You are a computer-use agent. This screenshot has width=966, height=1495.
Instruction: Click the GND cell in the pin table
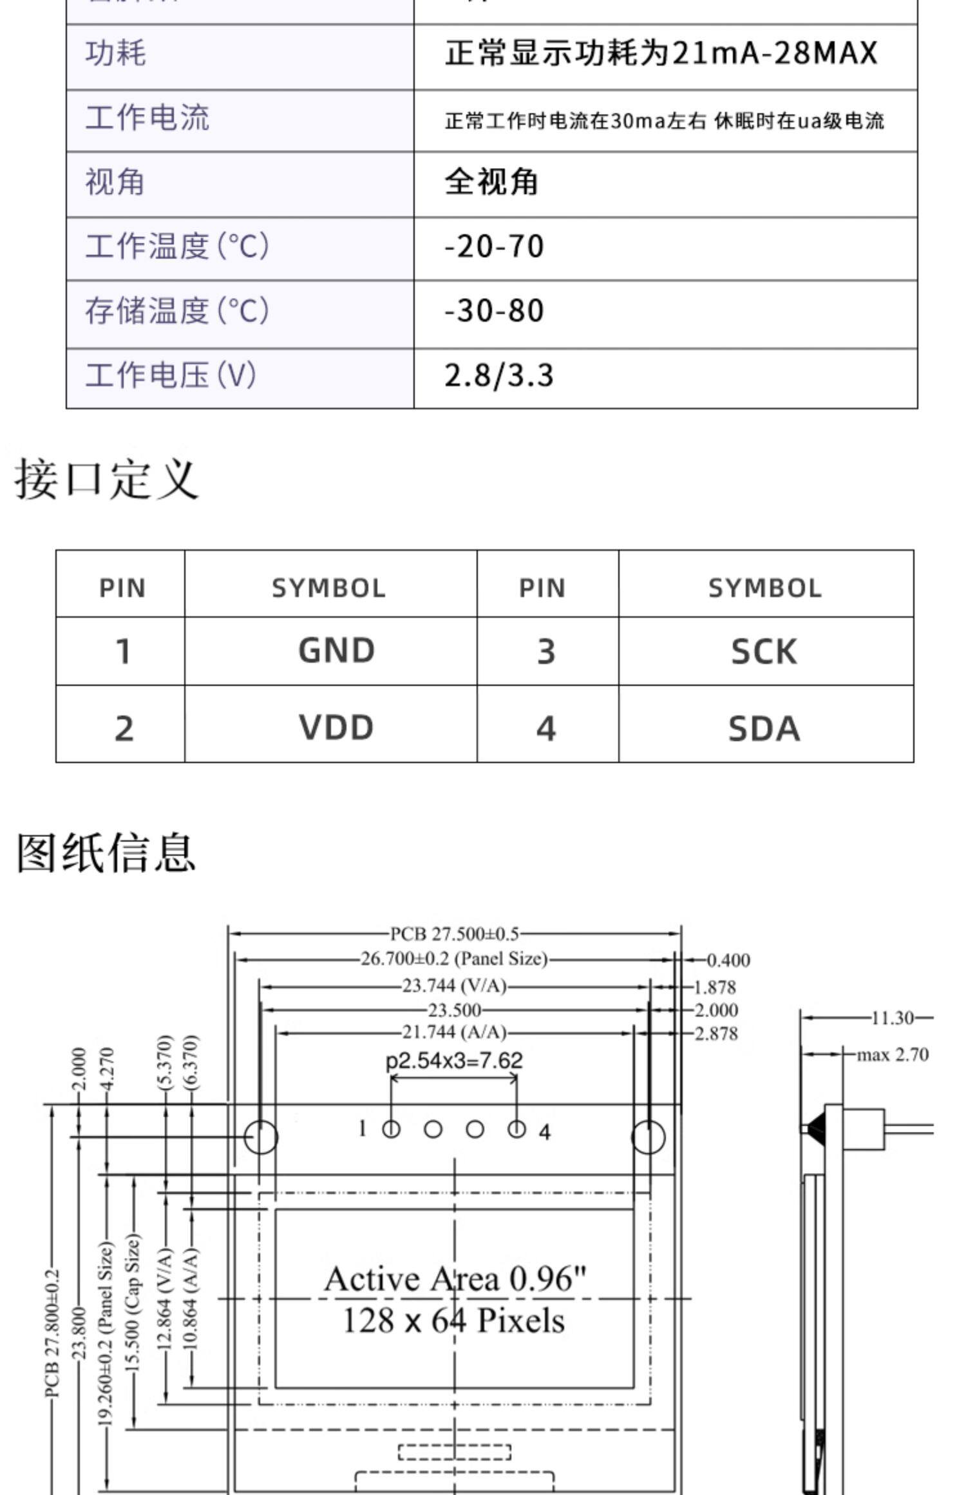coord(336,650)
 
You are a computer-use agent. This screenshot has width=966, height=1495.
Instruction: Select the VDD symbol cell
coord(336,727)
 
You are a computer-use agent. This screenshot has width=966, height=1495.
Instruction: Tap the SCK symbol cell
coord(764,652)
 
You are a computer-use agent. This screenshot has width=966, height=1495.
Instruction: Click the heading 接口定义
coord(106,479)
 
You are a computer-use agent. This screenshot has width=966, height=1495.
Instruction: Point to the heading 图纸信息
coord(106,852)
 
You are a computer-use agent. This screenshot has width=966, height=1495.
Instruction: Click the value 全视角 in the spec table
coord(491,182)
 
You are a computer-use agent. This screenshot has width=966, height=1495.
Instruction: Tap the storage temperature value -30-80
coord(494,311)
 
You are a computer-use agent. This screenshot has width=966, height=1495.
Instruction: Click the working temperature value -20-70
coord(494,247)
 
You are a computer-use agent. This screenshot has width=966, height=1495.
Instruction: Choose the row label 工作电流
coord(147,118)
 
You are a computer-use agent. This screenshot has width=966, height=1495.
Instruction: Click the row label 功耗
coord(116,53)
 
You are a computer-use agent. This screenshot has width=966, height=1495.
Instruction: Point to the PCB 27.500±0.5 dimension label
coord(455,934)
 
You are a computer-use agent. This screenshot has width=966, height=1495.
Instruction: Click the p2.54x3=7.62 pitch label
coord(454,1060)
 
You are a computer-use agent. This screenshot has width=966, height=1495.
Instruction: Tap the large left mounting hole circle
coord(261,1137)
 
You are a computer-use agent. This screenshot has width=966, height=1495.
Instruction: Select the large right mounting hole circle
coord(648,1137)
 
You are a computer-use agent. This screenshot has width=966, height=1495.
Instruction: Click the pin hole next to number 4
coord(516,1129)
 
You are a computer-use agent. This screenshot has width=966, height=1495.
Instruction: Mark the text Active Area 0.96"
coord(455,1279)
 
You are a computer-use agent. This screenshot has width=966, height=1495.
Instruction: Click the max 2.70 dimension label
coord(893,1055)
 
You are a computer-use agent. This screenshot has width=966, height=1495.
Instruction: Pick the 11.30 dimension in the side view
coord(893,1018)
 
